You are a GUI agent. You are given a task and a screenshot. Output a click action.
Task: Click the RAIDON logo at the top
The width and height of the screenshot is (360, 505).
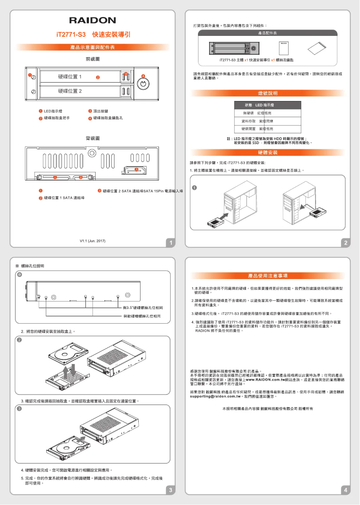pyautogui.click(x=92, y=20)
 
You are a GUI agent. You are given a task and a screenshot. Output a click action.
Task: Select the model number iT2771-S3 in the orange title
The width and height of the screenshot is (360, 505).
pyautogui.click(x=70, y=35)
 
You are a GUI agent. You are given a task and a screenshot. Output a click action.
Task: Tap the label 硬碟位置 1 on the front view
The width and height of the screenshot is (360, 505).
pyautogui.click(x=70, y=77)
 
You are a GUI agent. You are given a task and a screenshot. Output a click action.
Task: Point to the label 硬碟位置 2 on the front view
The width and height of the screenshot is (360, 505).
pyautogui.click(x=70, y=91)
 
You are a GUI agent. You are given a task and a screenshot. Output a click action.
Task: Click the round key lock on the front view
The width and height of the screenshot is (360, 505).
pyautogui.click(x=142, y=84)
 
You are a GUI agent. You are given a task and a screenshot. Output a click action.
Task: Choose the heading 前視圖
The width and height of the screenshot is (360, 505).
pyautogui.click(x=92, y=59)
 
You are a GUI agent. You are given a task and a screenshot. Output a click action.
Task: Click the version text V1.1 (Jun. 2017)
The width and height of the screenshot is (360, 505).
pyautogui.click(x=92, y=241)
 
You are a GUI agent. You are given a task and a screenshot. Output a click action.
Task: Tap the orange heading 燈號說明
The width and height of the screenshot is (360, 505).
pyautogui.click(x=268, y=93)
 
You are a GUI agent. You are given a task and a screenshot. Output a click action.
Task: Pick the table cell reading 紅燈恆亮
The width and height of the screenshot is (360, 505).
pyautogui.click(x=266, y=113)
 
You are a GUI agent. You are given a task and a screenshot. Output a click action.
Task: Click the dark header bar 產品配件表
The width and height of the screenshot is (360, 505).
pyautogui.click(x=268, y=34)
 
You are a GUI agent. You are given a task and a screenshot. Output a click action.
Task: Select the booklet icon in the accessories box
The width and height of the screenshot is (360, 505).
pyautogui.click(x=284, y=48)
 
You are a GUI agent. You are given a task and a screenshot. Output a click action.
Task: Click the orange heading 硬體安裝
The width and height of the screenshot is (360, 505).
pyautogui.click(x=268, y=153)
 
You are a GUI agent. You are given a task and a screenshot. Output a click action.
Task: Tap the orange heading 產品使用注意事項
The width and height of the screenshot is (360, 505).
pyautogui.click(x=268, y=275)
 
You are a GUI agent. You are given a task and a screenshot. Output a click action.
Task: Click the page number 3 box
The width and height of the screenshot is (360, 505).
pyautogui.click(x=171, y=490)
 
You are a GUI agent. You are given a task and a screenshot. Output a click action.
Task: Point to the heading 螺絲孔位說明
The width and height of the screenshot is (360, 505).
pyautogui.click(x=32, y=266)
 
